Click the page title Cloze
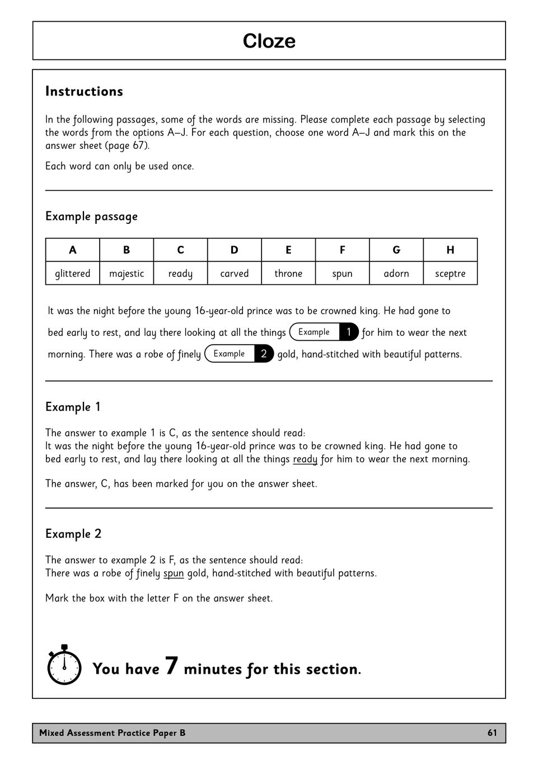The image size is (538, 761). click(x=269, y=41)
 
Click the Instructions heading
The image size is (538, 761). click(x=84, y=91)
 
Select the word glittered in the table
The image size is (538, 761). click(x=72, y=274)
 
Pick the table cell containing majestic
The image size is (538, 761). click(x=127, y=274)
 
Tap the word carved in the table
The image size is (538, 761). click(x=234, y=274)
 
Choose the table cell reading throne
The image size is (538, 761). click(x=288, y=274)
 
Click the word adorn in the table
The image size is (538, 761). click(x=396, y=274)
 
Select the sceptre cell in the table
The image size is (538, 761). click(x=450, y=274)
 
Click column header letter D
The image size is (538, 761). click(x=234, y=250)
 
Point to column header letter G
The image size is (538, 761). click(x=396, y=250)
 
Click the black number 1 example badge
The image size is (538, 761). click(x=349, y=332)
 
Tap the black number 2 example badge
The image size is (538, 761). click(x=264, y=354)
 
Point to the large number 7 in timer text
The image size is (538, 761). click(x=172, y=665)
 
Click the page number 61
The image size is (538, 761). click(x=492, y=733)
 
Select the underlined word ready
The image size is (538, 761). click(x=305, y=459)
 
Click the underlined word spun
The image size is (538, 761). click(x=174, y=574)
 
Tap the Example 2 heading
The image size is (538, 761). click(x=73, y=534)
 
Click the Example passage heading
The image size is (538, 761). click(x=91, y=217)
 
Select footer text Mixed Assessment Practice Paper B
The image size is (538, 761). click(x=112, y=733)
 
